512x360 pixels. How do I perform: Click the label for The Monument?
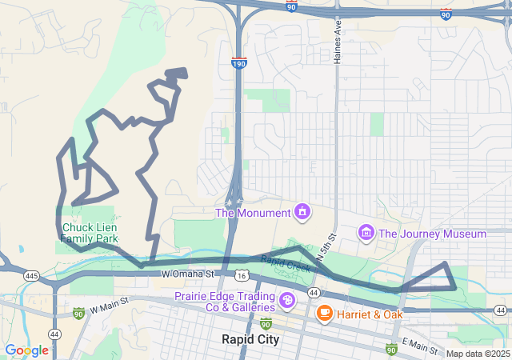(x=252, y=213)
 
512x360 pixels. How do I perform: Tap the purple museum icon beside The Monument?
(x=302, y=212)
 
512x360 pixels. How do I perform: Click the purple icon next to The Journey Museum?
(x=366, y=233)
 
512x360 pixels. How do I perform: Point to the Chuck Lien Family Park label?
(x=90, y=233)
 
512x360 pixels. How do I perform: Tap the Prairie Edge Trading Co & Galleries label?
(x=225, y=302)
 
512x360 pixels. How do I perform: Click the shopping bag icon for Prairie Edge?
(x=287, y=302)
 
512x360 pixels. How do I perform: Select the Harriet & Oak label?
(x=370, y=314)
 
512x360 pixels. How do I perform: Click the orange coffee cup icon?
(x=325, y=313)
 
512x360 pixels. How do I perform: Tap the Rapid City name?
(x=250, y=339)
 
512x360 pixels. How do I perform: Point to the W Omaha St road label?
(x=188, y=274)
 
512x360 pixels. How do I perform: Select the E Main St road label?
(x=419, y=346)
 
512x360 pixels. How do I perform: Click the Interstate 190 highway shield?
(x=239, y=62)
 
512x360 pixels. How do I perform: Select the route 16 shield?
(x=242, y=275)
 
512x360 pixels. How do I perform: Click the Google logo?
(x=26, y=350)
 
